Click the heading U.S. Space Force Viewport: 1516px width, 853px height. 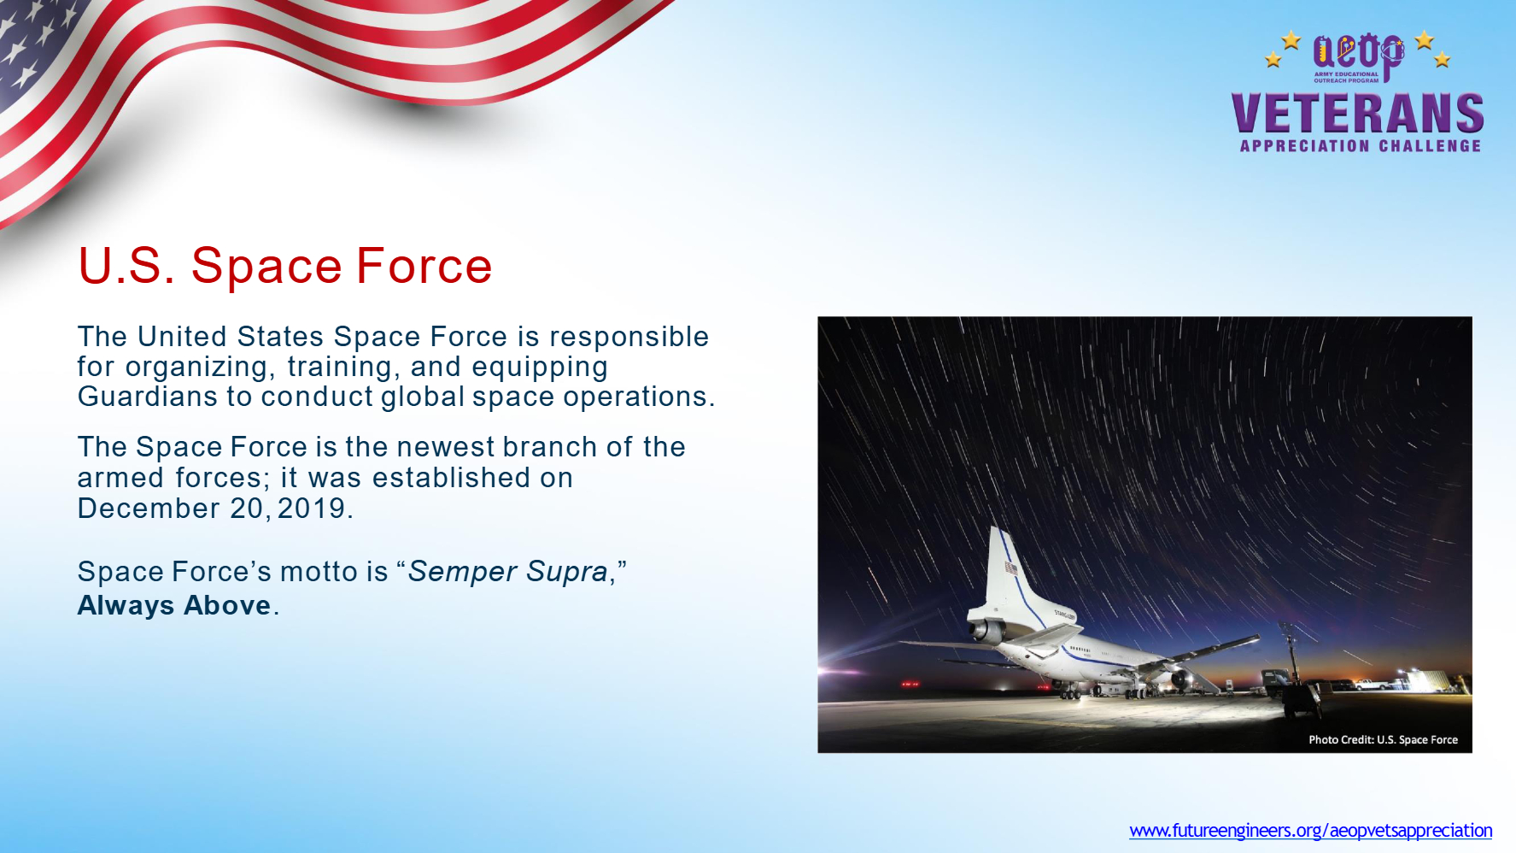(x=285, y=265)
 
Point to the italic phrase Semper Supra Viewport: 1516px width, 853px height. (x=507, y=571)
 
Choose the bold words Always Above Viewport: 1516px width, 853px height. (x=174, y=605)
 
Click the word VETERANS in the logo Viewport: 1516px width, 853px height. (x=1358, y=113)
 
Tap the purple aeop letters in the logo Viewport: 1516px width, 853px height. (x=1358, y=54)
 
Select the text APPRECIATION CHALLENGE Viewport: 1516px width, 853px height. (x=1361, y=146)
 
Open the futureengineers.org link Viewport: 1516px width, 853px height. (x=1311, y=830)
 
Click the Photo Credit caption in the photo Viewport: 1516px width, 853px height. (x=1383, y=739)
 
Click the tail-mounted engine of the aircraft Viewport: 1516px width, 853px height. (x=986, y=632)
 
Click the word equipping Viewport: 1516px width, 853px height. (x=540, y=368)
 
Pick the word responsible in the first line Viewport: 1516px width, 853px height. (x=629, y=337)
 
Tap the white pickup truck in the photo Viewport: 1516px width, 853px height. (x=1369, y=685)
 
